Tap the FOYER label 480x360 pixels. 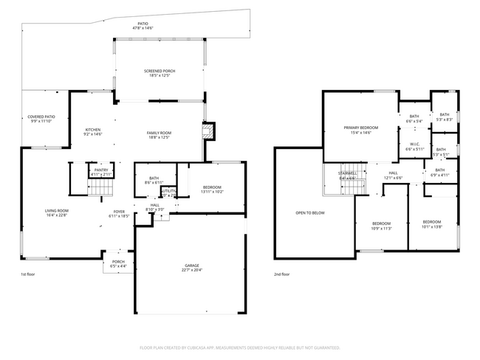(118, 214)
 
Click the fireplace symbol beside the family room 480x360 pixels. (210, 131)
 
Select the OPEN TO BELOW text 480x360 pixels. (309, 212)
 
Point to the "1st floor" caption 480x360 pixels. (28, 274)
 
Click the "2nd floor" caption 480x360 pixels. (282, 274)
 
